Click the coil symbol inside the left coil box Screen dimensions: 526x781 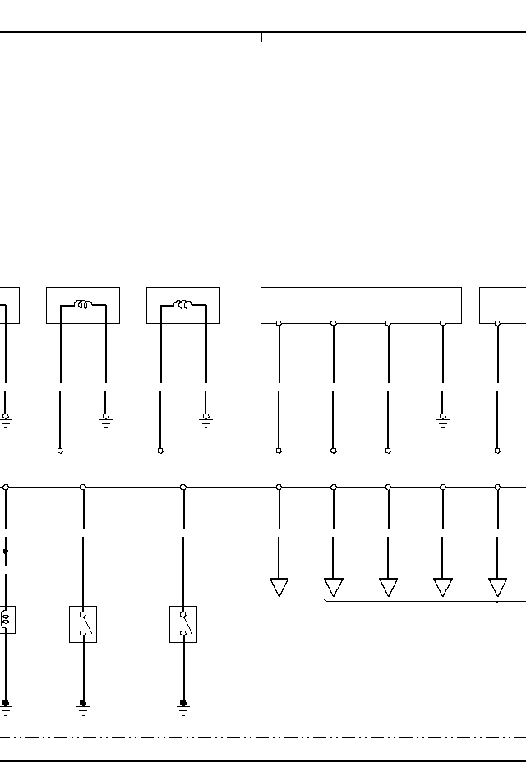click(x=83, y=305)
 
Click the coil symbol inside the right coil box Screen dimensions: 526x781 click(x=182, y=305)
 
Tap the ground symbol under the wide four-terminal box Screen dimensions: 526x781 click(x=443, y=421)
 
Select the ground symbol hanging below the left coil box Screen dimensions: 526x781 click(x=106, y=421)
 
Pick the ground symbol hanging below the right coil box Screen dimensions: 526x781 click(x=206, y=421)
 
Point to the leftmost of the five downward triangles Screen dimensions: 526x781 click(x=279, y=587)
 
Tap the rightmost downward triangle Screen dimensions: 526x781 click(x=497, y=587)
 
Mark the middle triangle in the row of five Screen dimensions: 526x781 click(x=388, y=587)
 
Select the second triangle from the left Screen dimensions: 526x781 click(x=334, y=587)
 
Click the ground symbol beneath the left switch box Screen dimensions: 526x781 click(x=83, y=707)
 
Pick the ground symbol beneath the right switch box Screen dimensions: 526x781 click(x=183, y=707)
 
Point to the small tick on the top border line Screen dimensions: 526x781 click(x=261, y=37)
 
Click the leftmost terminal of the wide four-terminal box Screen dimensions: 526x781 click(x=279, y=323)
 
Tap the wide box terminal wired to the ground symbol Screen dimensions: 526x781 click(x=443, y=323)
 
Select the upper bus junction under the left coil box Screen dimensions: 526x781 click(x=60, y=451)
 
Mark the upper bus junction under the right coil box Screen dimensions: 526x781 click(x=160, y=451)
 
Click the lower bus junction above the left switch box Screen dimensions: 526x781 click(x=83, y=487)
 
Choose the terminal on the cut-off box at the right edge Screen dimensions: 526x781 click(x=497, y=323)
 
